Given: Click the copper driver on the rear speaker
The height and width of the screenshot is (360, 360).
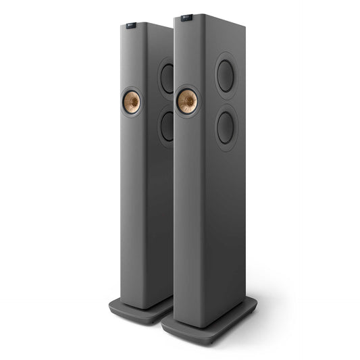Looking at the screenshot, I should [132, 103].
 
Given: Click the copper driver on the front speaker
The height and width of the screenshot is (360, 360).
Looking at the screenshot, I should [186, 101].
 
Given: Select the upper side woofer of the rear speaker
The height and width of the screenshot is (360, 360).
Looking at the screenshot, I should [167, 78].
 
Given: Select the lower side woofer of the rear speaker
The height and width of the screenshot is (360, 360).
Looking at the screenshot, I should [167, 125].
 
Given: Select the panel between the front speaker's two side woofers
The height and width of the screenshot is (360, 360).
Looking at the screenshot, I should [226, 102].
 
